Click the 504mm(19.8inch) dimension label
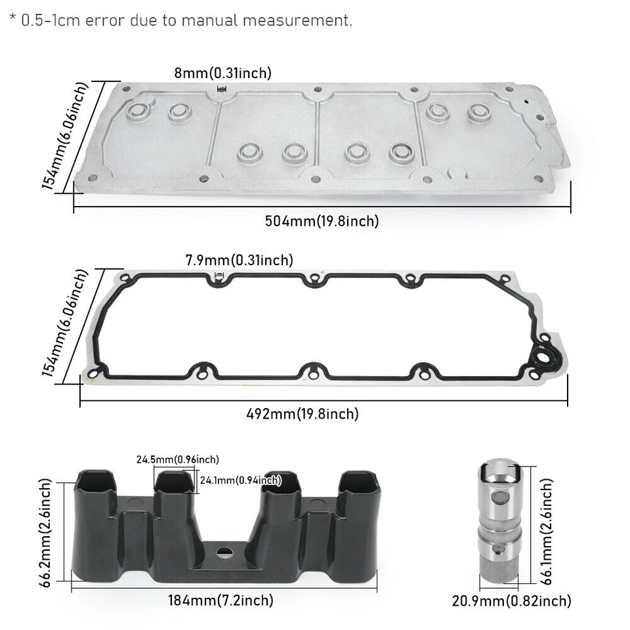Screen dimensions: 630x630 pos(322,221)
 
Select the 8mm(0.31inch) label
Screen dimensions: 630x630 pos(222,73)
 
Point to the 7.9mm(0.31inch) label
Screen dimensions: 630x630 pos(239,261)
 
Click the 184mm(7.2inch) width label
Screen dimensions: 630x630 pos(222,599)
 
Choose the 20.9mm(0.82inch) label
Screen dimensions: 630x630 pos(511,600)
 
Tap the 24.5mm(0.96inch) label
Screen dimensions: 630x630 pos(178,459)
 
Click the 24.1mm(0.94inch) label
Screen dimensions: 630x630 pos(240,480)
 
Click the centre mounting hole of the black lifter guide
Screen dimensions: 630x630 pos(222,552)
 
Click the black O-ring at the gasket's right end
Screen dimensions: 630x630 pos(544,356)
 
